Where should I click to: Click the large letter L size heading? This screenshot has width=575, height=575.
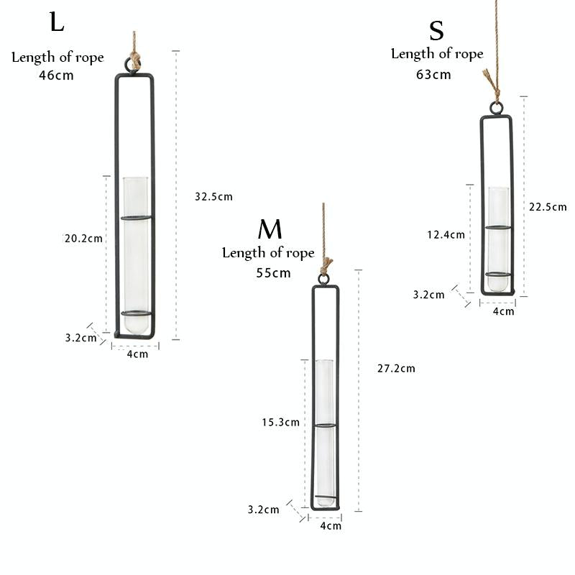[x=57, y=22]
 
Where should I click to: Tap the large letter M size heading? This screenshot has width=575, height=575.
[x=270, y=229]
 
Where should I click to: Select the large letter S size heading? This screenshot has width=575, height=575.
[x=436, y=31]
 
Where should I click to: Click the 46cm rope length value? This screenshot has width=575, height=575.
[x=56, y=75]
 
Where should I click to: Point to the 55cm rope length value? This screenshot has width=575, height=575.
[x=273, y=273]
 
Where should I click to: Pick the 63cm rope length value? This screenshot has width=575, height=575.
[x=433, y=75]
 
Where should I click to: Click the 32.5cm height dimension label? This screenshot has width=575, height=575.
[x=213, y=196]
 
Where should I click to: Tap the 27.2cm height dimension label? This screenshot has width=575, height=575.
[x=396, y=368]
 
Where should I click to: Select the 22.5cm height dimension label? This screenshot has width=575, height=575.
[x=548, y=207]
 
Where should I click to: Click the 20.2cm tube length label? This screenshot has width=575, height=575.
[x=83, y=239]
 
